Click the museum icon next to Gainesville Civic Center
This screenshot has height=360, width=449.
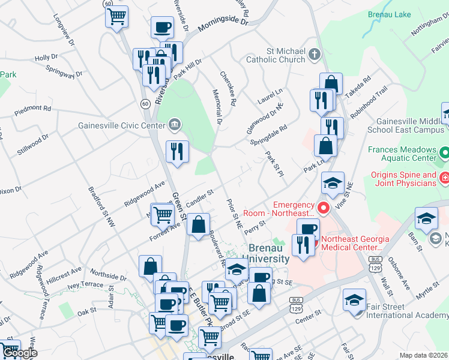[174, 125]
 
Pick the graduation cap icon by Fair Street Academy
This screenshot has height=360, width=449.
[354, 298]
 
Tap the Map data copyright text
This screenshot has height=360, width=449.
[424, 355]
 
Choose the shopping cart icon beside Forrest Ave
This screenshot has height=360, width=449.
[162, 213]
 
